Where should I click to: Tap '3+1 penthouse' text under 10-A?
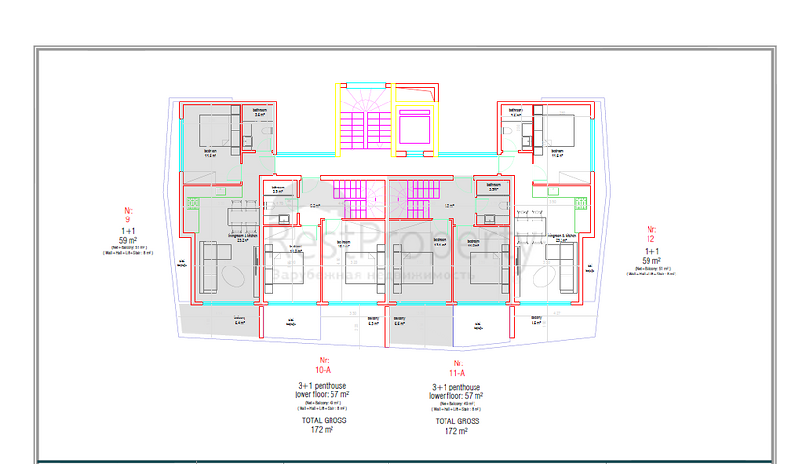pos(323,386)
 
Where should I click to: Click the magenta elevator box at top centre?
pos(416,127)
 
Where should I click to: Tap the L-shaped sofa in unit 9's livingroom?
pos(216,264)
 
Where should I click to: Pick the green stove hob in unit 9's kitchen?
pos(192,203)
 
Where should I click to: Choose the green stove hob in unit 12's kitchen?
pos(580,203)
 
